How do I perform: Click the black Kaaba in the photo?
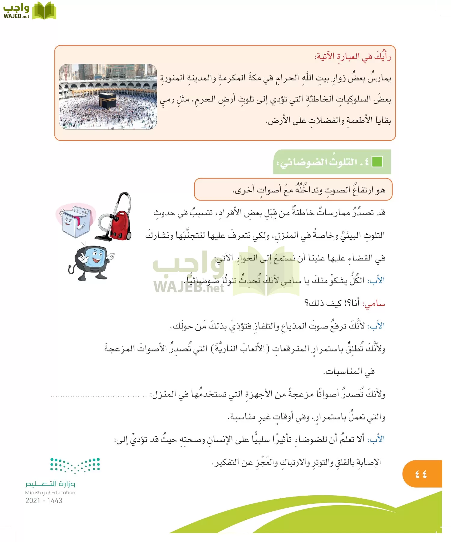pos(108,101)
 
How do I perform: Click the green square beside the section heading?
pos(377,162)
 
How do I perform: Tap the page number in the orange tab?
pos(421,474)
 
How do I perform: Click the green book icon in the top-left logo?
pos(44,11)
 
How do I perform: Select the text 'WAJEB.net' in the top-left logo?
pos(16,16)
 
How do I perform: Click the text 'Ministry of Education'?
pos(50,493)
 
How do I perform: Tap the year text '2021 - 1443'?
pos(44,500)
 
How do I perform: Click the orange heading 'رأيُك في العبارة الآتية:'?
pos(353,57)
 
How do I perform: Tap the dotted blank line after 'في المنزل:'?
pos(99,396)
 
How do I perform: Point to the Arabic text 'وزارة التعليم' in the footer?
pos(50,484)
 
